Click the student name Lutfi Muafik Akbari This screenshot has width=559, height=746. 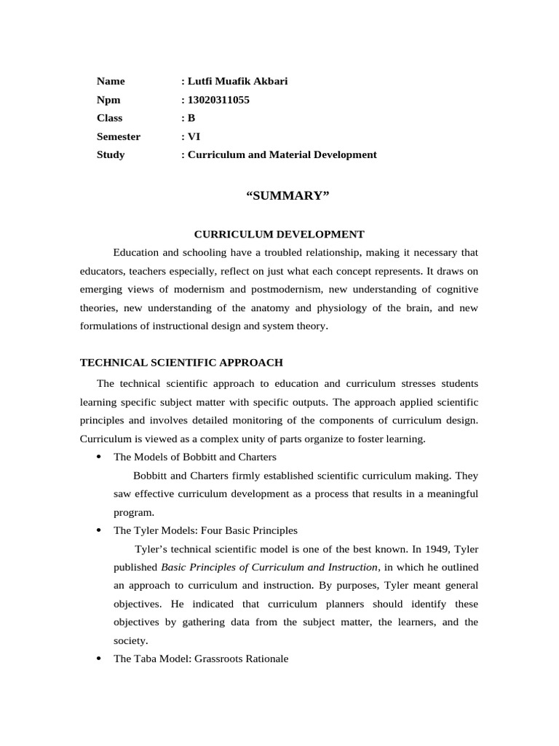pyautogui.click(x=237, y=81)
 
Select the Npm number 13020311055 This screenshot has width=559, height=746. pyautogui.click(x=218, y=100)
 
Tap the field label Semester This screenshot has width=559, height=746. pyautogui.click(x=119, y=136)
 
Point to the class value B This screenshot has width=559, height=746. pyautogui.click(x=191, y=118)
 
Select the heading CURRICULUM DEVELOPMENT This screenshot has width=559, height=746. pyautogui.click(x=279, y=234)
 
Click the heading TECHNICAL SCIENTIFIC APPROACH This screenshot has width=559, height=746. pyautogui.click(x=181, y=362)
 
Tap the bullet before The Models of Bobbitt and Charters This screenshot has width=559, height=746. pyautogui.click(x=98, y=458)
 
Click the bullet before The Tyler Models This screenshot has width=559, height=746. pyautogui.click(x=98, y=531)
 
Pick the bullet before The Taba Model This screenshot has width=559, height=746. pyautogui.click(x=98, y=659)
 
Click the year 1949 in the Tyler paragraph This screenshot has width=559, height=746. pyautogui.click(x=434, y=549)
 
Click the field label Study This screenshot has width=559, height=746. pyautogui.click(x=111, y=154)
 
